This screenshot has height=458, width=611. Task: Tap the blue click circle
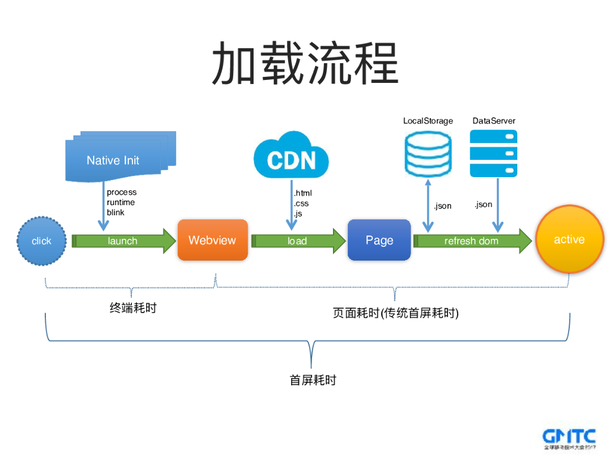click(41, 241)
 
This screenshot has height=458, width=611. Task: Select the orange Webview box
click(212, 240)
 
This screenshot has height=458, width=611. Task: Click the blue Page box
click(379, 240)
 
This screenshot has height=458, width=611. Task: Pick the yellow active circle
click(569, 240)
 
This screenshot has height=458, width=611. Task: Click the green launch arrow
click(123, 241)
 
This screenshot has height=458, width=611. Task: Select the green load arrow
click(298, 241)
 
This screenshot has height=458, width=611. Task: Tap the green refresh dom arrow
click(471, 241)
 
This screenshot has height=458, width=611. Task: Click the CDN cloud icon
click(291, 156)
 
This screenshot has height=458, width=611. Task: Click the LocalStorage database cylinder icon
click(428, 154)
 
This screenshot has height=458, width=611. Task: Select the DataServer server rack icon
click(493, 153)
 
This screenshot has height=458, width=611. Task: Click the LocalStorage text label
click(428, 121)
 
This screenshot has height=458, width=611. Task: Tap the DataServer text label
click(493, 121)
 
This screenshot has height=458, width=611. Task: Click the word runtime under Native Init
click(121, 202)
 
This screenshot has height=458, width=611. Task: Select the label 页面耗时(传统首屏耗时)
click(396, 313)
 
